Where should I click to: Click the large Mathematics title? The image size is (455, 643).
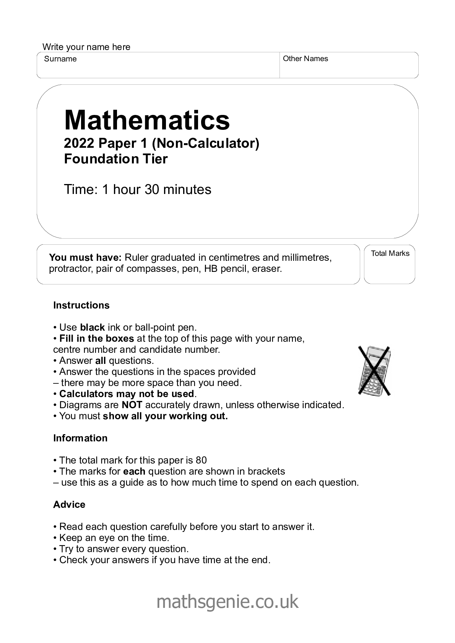click(147, 120)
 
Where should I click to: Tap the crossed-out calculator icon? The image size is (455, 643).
click(374, 370)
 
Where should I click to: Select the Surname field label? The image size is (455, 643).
click(60, 59)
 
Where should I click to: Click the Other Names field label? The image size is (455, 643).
click(305, 58)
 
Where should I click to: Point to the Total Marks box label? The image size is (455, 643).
click(390, 253)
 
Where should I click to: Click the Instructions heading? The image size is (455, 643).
click(81, 305)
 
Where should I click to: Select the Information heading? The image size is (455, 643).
click(80, 438)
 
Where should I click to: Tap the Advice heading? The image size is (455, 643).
click(69, 504)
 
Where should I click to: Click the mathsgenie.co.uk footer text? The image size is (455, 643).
click(227, 601)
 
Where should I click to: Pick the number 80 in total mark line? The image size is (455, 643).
click(201, 460)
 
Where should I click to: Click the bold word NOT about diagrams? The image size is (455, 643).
click(132, 405)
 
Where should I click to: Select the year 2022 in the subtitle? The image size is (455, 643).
click(79, 144)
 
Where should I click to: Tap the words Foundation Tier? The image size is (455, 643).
click(116, 158)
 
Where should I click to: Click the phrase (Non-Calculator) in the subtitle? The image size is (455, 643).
click(206, 144)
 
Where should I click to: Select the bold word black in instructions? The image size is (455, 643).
click(92, 327)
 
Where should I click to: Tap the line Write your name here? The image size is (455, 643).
click(86, 47)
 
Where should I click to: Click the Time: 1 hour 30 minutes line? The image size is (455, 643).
click(138, 189)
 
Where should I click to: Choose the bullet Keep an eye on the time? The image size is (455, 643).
click(114, 538)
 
